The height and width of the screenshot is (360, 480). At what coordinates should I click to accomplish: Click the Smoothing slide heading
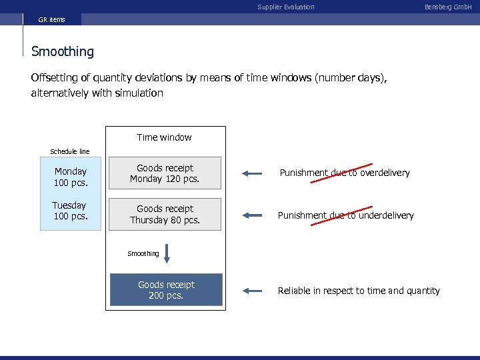pos(63,51)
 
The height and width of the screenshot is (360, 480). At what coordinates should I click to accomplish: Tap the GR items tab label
pos(51,19)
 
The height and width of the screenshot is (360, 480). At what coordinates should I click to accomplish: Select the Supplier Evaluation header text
pos(286,7)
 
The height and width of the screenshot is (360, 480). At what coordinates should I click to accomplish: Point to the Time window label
pos(164,137)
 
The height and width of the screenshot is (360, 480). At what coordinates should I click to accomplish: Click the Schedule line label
pos(70,151)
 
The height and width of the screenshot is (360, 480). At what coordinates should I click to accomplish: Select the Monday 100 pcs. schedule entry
pos(71,177)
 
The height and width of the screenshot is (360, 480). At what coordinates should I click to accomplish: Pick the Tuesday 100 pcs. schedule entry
pos(70,211)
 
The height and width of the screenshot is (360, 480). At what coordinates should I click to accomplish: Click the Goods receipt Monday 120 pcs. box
pos(165,173)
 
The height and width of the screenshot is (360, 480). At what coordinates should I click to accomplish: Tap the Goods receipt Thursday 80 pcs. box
pos(165,214)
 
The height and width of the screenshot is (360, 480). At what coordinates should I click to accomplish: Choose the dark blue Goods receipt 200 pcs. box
pos(166,290)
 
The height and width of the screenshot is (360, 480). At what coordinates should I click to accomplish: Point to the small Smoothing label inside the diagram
pos(143,253)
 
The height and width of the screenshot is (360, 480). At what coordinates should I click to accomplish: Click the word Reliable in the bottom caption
pos(293,291)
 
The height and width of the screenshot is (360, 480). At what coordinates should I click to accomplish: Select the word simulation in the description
pos(139,93)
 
